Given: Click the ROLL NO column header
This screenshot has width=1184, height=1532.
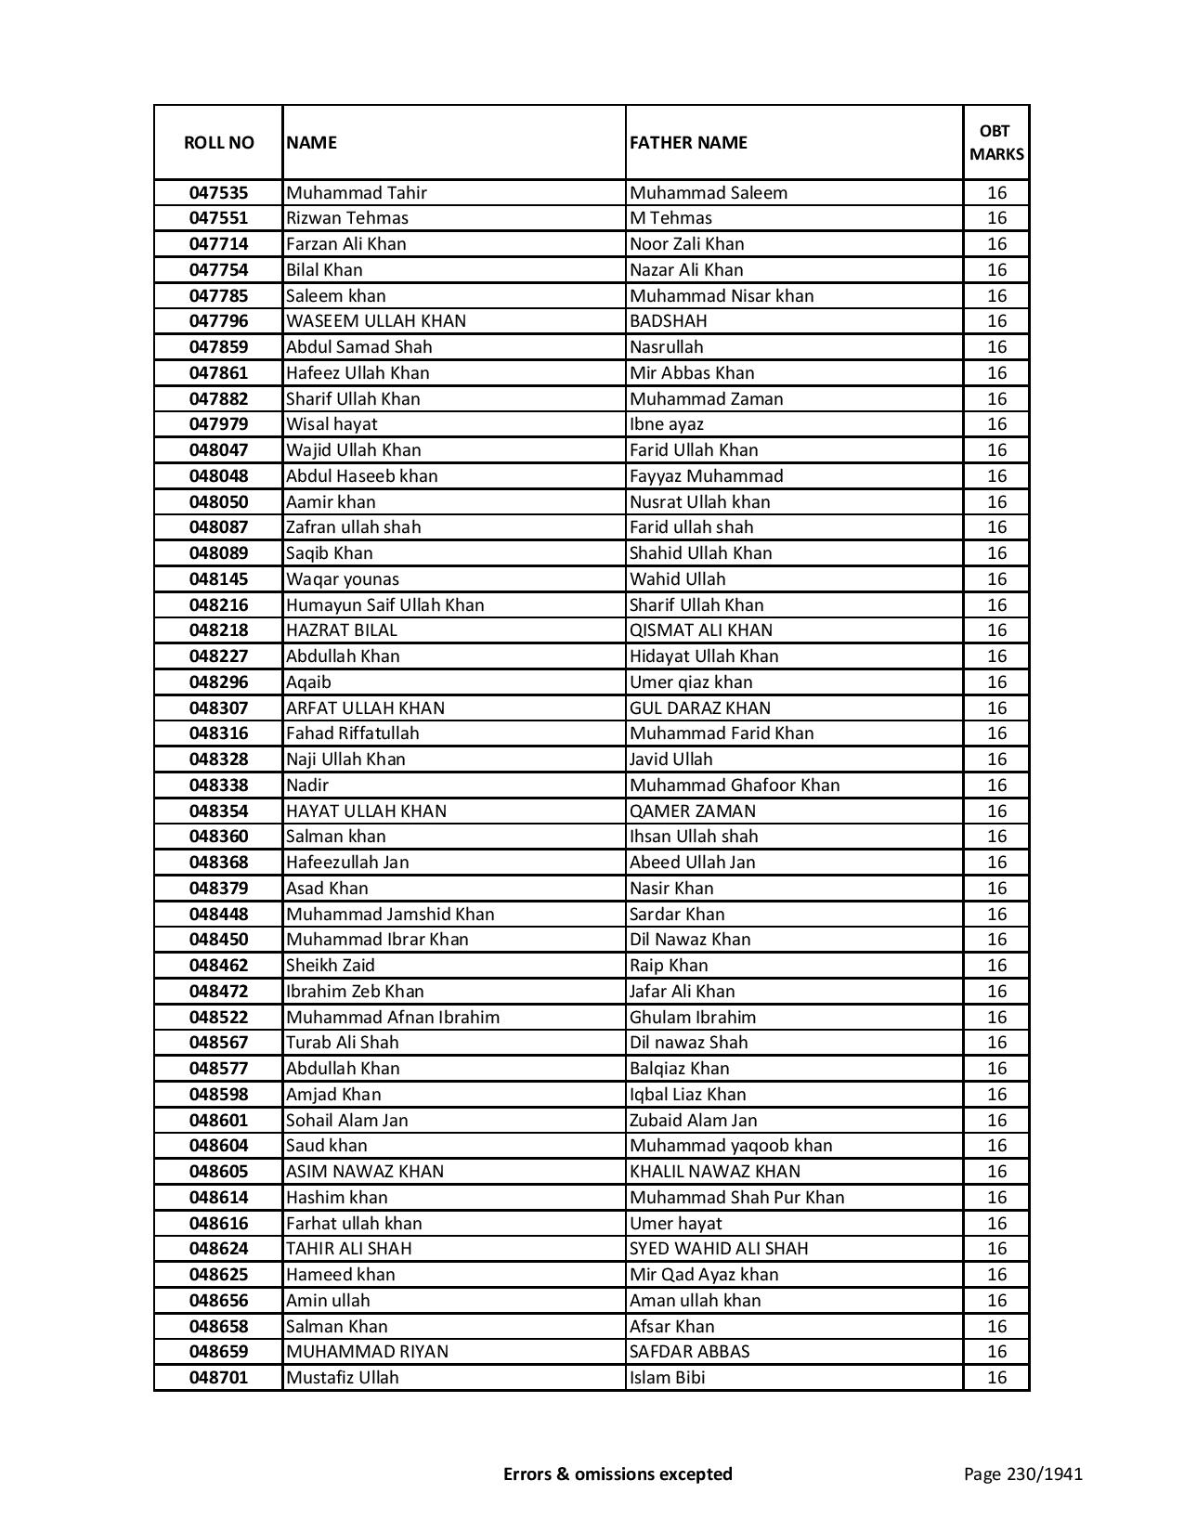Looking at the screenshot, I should pos(218,142).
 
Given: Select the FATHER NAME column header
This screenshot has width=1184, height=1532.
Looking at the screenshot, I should pos(688,142).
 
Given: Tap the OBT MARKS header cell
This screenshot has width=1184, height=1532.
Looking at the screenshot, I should pos(996,142).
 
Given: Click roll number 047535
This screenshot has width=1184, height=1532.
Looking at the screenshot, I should pos(218,193).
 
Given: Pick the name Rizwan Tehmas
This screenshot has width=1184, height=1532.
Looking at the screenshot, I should pos(347,218).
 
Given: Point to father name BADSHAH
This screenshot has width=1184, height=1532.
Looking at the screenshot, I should pos(668,321).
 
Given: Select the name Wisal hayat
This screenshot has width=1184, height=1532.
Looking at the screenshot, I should pos(332,424).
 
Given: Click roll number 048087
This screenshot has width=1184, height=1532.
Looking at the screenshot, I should pos(218,527).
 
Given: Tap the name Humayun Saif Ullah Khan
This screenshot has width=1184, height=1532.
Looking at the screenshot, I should pos(385,605).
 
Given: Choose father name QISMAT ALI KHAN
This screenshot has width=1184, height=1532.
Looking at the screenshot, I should pos(701,630).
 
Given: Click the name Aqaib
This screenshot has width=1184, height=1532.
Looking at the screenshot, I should pos(308,682).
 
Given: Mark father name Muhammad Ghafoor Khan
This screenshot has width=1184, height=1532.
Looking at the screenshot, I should pos(735,785).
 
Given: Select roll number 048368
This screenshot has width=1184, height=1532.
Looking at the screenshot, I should pos(218,863).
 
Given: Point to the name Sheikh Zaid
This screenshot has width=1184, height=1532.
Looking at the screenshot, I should pos(331,966).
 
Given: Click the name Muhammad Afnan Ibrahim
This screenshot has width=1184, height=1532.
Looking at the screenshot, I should pos(393,1018).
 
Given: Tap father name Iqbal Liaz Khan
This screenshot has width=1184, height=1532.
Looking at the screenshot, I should pos(688,1095).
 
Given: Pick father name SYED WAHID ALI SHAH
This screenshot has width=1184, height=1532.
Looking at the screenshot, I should pos(719,1249).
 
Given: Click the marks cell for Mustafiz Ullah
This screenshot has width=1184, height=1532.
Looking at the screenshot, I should pos(996,1378).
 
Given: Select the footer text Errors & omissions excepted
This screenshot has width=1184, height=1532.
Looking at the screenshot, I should pos(618,1474).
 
